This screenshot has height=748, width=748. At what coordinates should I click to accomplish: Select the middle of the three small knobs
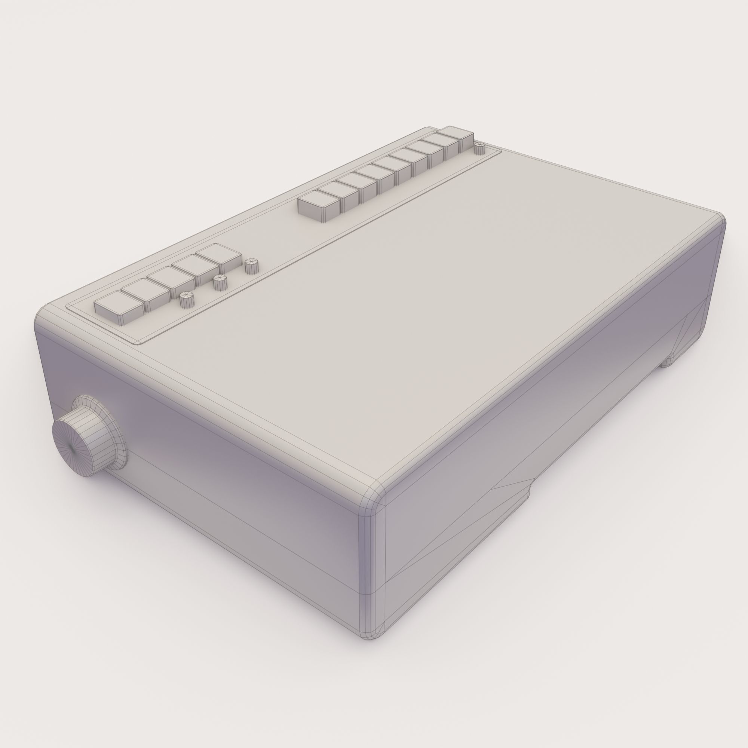click(220, 282)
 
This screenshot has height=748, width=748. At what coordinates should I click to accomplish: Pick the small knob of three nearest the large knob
click(186, 299)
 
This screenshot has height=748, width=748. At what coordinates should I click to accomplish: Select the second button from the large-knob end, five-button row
click(144, 292)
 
